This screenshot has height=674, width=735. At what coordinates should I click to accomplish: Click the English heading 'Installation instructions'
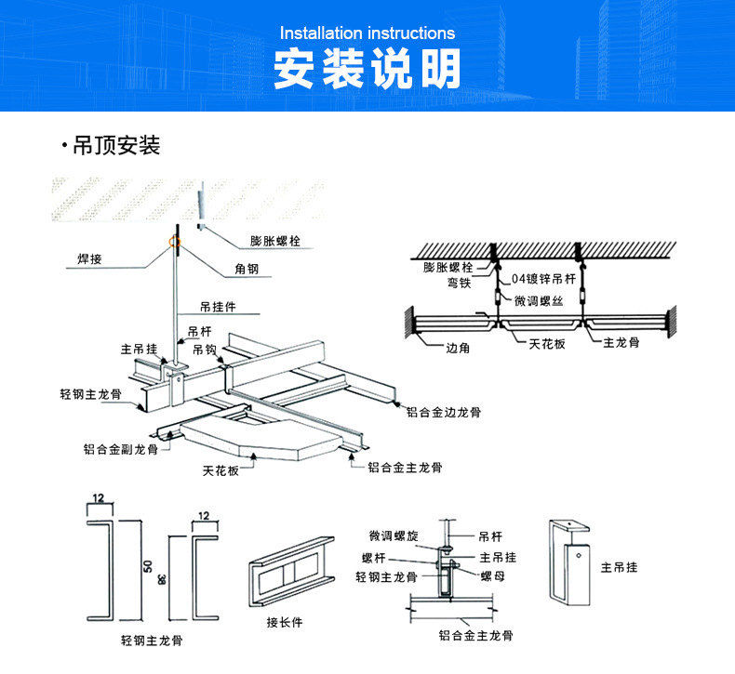(x=367, y=34)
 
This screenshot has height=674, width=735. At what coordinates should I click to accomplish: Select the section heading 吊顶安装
(x=116, y=146)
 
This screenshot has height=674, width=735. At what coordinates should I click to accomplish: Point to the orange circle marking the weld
(x=173, y=244)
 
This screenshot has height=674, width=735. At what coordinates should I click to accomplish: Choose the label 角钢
(x=247, y=270)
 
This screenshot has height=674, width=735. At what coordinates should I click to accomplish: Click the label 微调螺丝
(x=539, y=301)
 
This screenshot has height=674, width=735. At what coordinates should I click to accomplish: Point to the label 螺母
(x=492, y=577)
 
